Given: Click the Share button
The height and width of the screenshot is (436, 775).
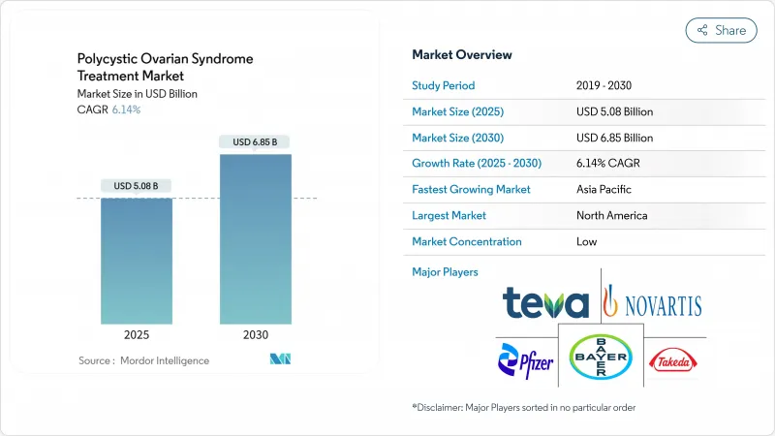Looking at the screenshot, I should (722, 30).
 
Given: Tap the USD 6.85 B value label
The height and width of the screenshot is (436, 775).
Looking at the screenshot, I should (255, 142).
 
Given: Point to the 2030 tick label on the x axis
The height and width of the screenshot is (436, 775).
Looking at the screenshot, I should (255, 334).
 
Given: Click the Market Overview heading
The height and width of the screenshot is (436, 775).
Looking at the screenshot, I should (462, 55).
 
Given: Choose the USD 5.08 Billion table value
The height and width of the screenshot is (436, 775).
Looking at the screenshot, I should (614, 111).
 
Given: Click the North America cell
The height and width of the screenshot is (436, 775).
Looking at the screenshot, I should (611, 215).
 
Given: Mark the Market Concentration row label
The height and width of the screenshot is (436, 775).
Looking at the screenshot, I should (466, 241).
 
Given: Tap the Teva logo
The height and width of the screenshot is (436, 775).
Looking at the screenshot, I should (545, 303).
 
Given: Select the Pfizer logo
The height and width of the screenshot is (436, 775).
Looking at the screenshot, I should (526, 361).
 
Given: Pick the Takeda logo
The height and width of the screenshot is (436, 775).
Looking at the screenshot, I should (671, 361).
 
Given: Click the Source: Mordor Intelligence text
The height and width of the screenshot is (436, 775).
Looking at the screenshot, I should (143, 360).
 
